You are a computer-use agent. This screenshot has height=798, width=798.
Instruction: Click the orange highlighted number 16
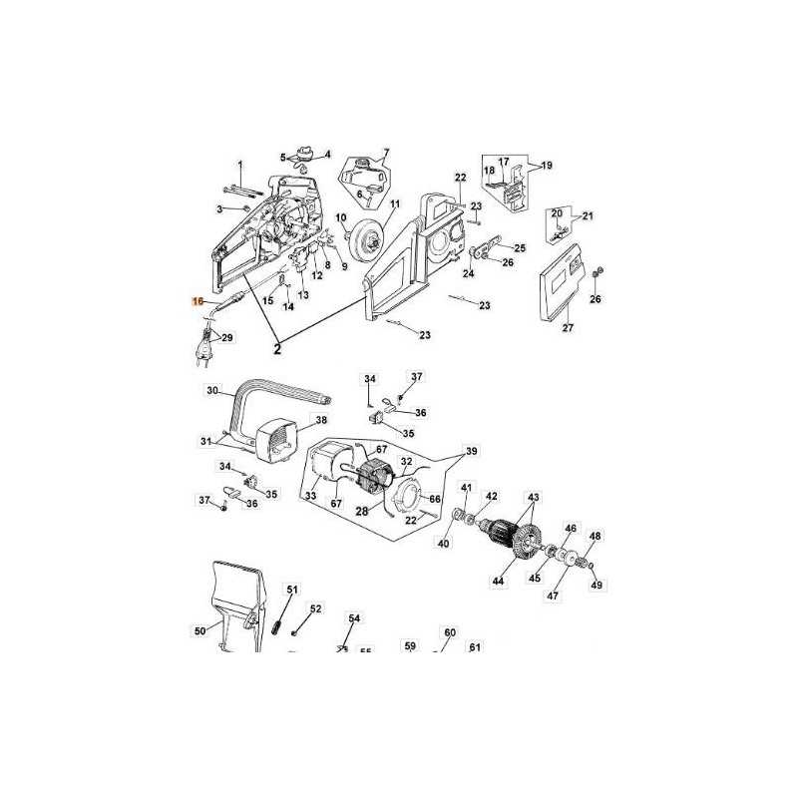[198, 300]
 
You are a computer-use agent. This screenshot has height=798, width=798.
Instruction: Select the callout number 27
[569, 328]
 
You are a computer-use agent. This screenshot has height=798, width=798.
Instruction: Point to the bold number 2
[278, 350]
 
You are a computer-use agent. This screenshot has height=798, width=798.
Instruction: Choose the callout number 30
[210, 390]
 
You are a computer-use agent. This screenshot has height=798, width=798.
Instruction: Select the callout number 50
[199, 630]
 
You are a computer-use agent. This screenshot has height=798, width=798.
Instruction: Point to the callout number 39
[472, 451]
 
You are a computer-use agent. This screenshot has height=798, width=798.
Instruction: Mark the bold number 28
[362, 511]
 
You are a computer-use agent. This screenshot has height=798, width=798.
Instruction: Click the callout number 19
[547, 166]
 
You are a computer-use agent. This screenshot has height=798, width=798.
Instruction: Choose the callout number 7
[386, 153]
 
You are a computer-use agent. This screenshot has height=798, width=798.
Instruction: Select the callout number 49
[598, 585]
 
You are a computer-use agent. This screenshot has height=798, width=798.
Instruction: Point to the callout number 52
[315, 608]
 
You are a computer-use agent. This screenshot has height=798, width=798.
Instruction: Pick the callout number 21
[588, 215]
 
